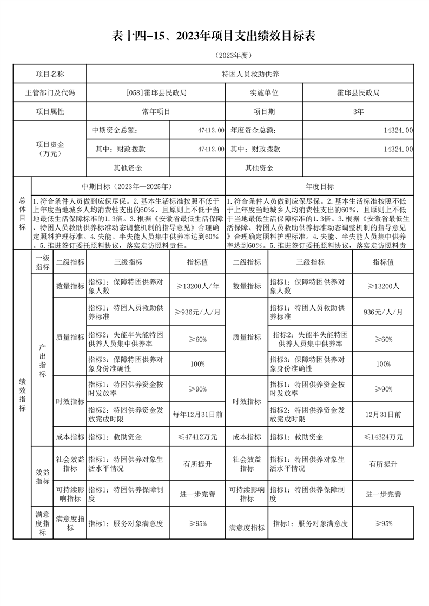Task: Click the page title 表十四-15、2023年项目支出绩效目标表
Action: point(214,36)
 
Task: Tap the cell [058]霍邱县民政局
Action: point(156,93)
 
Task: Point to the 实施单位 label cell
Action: point(264,93)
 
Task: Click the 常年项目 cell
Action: point(156,112)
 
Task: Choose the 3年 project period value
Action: point(358,112)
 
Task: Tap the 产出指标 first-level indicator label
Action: point(43,359)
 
